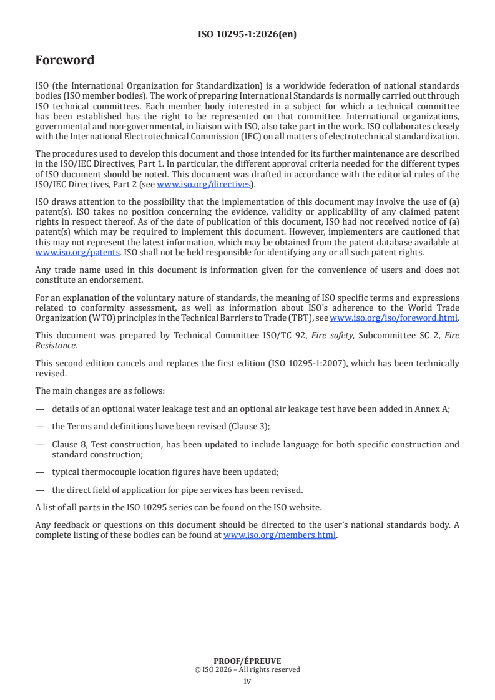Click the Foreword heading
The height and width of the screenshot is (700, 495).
65,61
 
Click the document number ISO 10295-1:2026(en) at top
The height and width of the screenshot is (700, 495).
247,34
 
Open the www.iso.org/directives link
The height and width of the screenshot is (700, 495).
203,184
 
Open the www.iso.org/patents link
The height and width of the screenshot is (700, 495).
61,253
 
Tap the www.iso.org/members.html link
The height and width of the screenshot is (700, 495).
280,535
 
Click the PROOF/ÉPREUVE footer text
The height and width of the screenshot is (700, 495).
247,661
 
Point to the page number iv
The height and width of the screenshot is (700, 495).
247,681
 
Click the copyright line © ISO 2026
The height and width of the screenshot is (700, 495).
247,670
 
